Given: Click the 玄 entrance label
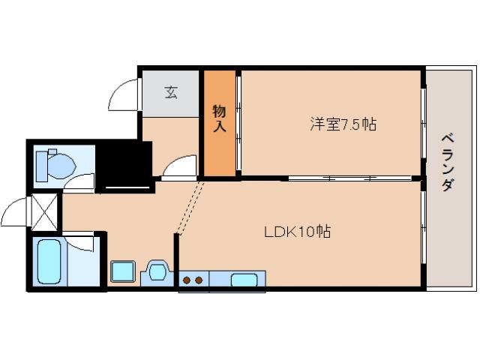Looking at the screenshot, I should pos(171,93).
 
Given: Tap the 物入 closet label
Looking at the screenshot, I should pos(219,120).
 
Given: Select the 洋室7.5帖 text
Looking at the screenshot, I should pos(342,124).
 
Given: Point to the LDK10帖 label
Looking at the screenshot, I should pos(297,231).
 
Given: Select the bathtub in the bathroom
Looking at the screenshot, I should pos(49,262).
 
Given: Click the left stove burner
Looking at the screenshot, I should pos(187,280).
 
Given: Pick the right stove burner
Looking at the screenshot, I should pos(199,280).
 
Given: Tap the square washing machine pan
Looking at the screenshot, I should pos(121,271).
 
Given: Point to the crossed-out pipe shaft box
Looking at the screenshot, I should pos(45,212).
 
